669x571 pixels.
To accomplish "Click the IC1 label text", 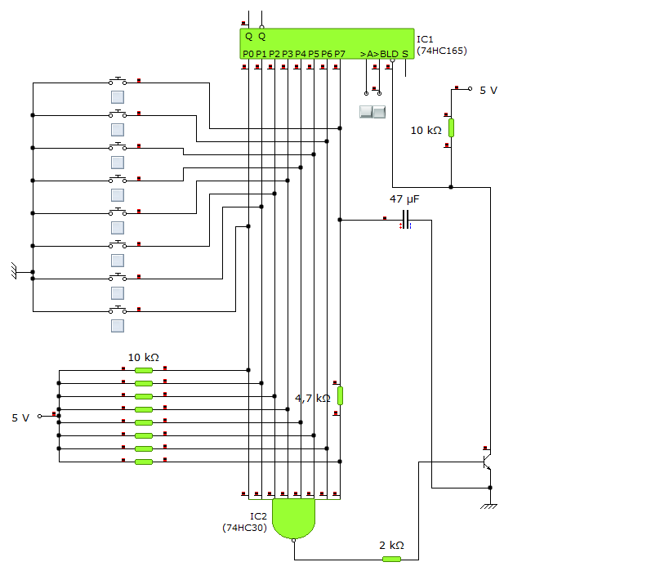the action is [x=425, y=39].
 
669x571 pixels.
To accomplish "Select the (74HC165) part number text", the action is [x=442, y=51].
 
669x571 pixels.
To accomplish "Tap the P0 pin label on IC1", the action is [x=248, y=54].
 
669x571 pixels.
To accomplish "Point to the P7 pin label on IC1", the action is [x=340, y=54].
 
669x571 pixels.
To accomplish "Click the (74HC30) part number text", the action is [x=244, y=528].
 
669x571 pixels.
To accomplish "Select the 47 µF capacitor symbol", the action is [x=406, y=220].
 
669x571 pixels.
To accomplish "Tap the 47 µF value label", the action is [x=404, y=199].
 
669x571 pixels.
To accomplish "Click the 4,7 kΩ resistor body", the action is [x=340, y=395].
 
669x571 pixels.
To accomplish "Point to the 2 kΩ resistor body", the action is [x=391, y=559].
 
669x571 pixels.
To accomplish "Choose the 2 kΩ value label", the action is [x=391, y=546].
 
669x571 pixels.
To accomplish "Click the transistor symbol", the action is [x=487, y=462].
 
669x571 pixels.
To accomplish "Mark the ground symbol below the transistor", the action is [x=489, y=506].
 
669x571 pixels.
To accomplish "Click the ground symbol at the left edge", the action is [x=14, y=271].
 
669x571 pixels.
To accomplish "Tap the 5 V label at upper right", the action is [x=488, y=91].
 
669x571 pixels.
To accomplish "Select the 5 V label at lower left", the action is [x=20, y=418].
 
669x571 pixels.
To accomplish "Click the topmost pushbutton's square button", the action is [x=118, y=97].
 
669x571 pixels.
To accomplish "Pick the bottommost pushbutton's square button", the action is [x=118, y=326].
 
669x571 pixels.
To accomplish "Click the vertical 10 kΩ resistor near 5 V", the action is [x=451, y=127].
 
